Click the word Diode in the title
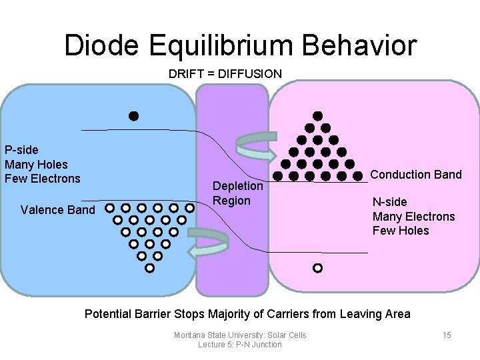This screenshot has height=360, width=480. point(102,45)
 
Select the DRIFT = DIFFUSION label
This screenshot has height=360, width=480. point(225,74)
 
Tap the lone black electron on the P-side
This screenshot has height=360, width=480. point(133,116)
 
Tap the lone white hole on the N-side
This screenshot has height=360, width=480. point(317,268)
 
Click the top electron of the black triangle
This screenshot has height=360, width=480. point(318,116)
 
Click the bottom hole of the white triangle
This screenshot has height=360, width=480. point(149,268)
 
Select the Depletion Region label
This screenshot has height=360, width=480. point(237,193)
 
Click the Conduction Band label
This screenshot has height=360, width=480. point(415,175)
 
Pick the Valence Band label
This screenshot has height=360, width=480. point(58,210)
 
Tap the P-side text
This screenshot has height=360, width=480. point(23,150)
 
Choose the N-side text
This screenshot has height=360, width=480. point(389,202)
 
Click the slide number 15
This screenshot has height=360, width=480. point(447,335)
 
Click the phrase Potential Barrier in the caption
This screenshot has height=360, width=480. point(127,314)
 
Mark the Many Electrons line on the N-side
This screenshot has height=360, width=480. point(413,217)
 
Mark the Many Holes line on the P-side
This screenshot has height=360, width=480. point(36,164)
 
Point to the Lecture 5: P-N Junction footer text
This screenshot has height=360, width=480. point(240,345)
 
